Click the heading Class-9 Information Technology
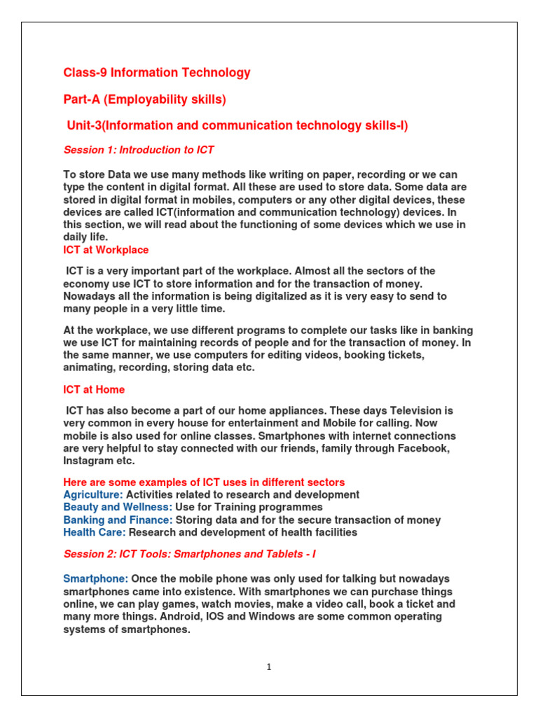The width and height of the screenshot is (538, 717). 157,73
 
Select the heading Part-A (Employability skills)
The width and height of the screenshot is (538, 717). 145,99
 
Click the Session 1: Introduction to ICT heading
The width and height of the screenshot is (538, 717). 139,150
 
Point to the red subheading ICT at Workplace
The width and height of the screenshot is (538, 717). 106,250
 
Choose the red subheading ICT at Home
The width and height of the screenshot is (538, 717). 94,389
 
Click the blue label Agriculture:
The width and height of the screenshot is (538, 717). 93,495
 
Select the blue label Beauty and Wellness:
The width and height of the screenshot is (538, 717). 118,508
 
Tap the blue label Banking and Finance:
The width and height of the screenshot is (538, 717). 118,520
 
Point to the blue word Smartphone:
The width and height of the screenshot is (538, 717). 96,579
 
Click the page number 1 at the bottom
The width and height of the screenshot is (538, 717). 268,667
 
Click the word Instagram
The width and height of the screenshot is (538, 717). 90,461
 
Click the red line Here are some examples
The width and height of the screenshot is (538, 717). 204,482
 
